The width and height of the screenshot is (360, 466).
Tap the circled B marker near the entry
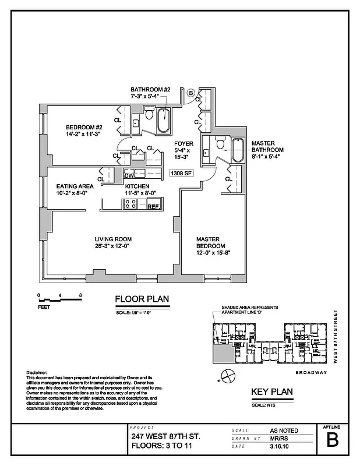190,92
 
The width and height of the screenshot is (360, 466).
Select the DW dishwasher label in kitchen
130,174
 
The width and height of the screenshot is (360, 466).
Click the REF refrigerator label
153,206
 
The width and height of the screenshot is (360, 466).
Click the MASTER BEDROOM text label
211,242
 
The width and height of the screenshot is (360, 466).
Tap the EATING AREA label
76,186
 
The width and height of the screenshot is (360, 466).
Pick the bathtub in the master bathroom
238,151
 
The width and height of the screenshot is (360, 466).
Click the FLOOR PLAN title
142,299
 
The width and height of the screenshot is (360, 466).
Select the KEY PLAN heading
271,392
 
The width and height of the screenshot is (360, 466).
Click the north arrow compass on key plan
227,373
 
